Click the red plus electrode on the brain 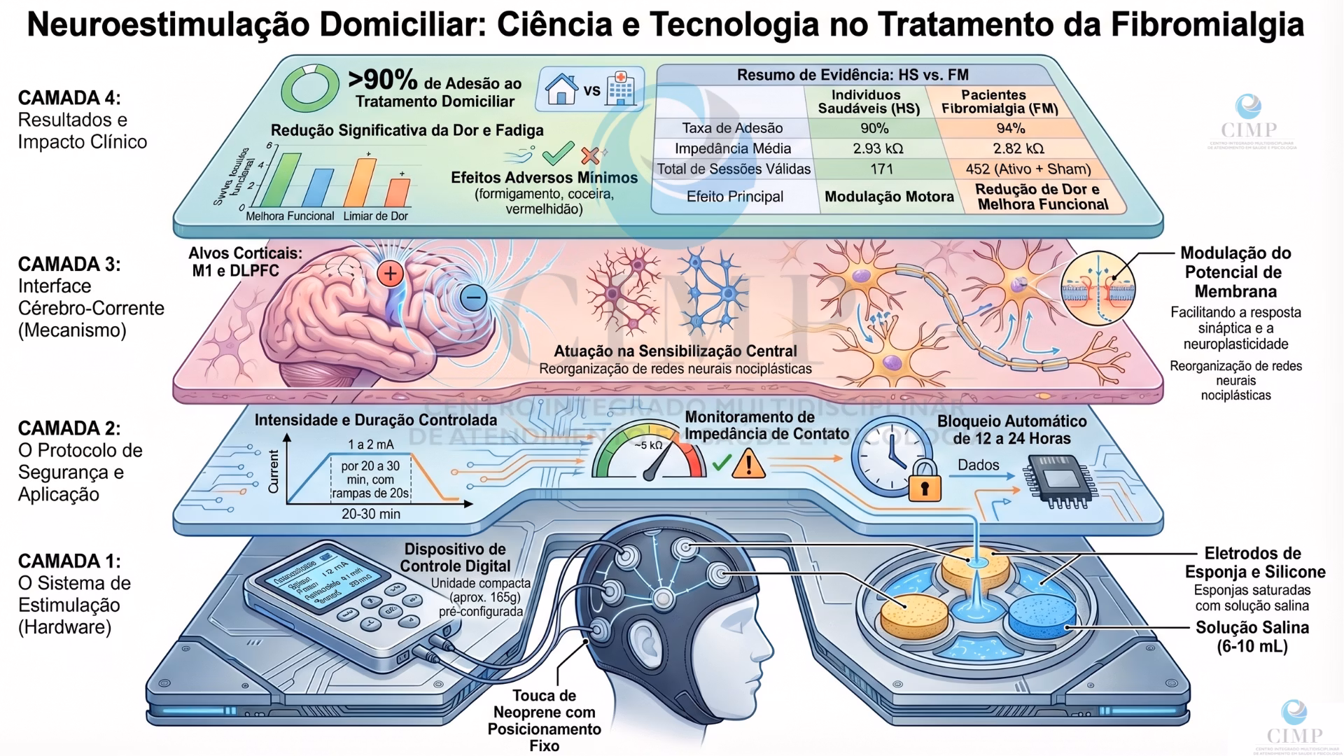391,274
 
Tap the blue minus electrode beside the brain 473,297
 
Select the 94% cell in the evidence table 1010,128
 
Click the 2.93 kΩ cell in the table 878,148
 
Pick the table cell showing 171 881,169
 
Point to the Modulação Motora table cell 889,197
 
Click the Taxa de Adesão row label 732,128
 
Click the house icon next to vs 561,90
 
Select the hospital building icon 621,89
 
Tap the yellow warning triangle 748,464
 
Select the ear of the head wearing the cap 645,640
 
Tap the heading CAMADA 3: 69,265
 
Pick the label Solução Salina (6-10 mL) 1252,637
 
